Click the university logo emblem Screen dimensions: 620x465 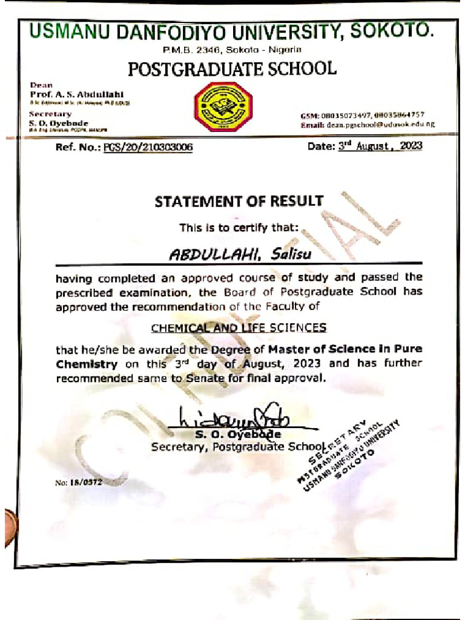222,107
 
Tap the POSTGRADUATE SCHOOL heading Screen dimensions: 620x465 232,69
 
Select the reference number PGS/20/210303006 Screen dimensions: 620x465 148,147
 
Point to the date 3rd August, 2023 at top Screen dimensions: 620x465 380,146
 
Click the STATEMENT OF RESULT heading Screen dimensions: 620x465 239,201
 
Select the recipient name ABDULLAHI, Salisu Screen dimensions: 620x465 240,254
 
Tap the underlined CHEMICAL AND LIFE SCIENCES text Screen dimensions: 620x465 239,328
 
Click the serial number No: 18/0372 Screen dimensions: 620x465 79,483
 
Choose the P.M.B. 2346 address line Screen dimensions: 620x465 232,48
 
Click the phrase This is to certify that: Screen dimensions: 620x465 239,228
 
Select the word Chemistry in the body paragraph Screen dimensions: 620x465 87,364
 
